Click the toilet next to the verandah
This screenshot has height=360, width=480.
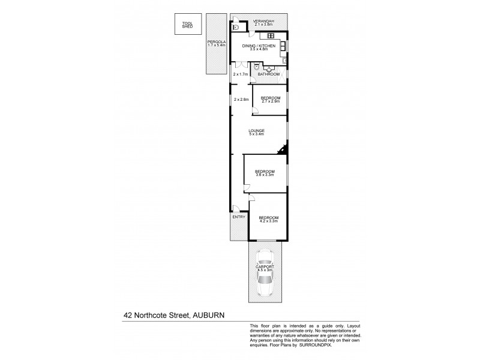tap(236, 28)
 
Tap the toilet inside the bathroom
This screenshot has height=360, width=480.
tap(256, 68)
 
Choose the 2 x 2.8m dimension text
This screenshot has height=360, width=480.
tap(241, 100)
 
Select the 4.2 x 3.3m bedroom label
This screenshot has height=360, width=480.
tap(268, 220)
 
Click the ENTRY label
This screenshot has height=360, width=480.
tap(238, 217)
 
